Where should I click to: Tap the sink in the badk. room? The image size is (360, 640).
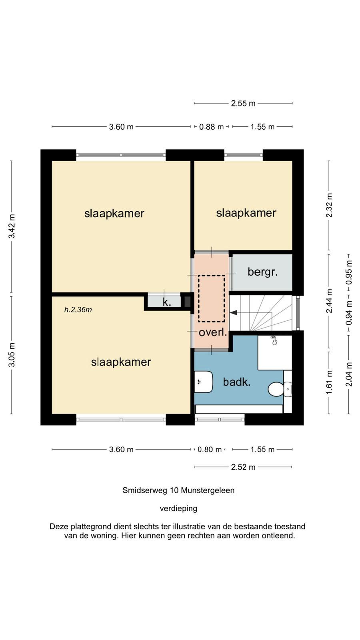point(204,382)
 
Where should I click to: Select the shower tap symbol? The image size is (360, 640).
point(274,340)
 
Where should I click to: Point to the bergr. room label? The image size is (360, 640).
point(262,272)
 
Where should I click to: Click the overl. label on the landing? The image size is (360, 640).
point(213,332)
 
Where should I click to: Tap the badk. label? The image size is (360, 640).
point(236,382)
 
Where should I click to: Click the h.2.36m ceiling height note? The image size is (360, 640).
point(78,310)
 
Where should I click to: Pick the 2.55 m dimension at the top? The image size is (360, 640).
point(243,104)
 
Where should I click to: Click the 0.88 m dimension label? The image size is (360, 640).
point(211,126)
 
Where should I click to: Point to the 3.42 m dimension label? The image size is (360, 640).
point(12,226)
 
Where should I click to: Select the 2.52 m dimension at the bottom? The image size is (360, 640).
point(243,467)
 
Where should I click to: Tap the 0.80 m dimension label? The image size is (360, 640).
point(210,450)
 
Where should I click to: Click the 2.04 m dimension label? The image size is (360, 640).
point(349,374)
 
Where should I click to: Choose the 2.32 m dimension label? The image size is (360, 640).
point(329,205)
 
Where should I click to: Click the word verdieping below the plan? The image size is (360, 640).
point(178,508)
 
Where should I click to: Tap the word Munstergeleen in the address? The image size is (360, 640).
point(208,490)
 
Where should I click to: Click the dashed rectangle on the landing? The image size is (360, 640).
point(212,298)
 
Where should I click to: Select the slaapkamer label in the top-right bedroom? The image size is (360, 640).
point(246,213)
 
